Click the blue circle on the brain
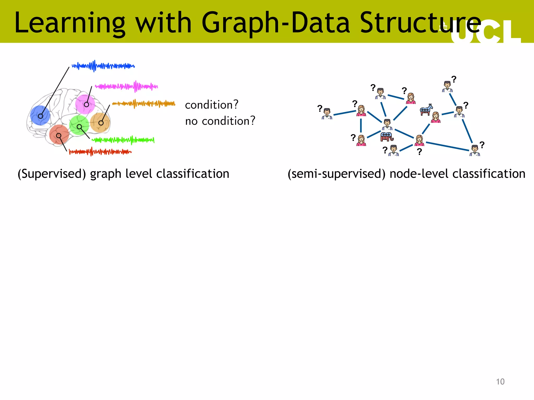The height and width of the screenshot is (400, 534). (x=40, y=115)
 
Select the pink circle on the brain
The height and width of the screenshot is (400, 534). (x=85, y=104)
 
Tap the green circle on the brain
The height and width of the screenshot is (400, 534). (x=79, y=125)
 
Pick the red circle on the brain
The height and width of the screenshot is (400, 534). (x=59, y=135)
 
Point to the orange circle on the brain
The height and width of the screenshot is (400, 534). (x=100, y=122)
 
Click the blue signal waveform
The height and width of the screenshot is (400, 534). (x=103, y=66)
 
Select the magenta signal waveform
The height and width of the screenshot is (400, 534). (x=126, y=86)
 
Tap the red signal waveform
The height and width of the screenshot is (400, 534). (x=100, y=152)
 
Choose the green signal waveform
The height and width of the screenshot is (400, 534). (x=123, y=140)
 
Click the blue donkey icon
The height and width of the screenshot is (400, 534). (x=426, y=109)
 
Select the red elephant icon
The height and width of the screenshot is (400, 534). (x=387, y=136)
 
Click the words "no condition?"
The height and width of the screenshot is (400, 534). (x=220, y=121)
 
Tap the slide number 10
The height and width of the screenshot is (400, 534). (x=500, y=382)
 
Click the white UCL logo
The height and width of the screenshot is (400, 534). (x=485, y=33)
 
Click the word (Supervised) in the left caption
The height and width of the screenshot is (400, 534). (x=52, y=174)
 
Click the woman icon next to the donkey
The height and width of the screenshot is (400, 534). (x=436, y=117)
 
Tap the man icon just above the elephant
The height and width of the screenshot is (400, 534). (x=387, y=124)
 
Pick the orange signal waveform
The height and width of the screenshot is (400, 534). (x=144, y=104)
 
